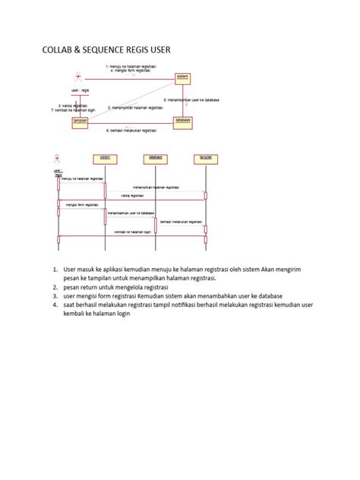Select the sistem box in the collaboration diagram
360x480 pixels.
[182, 77]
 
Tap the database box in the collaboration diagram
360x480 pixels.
[182, 120]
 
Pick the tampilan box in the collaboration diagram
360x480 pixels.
[80, 121]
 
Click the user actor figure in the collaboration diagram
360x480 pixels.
[77, 77]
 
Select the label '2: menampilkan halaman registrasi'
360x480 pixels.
[137, 108]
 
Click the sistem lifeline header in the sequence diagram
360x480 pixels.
[104, 158]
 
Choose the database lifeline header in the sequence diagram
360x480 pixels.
[154, 158]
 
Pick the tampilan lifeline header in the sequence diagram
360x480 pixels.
[205, 158]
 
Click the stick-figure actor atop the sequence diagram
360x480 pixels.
[57, 159]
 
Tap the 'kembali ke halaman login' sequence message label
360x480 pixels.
[131, 232]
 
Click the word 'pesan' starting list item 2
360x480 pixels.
[72, 289]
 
